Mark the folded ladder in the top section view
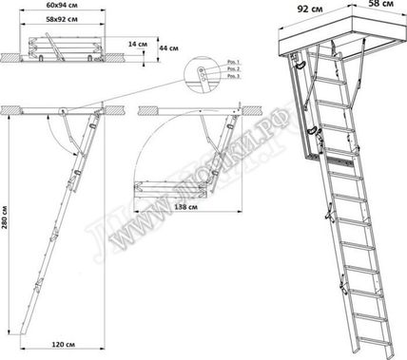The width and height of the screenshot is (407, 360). pos(65,44)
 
